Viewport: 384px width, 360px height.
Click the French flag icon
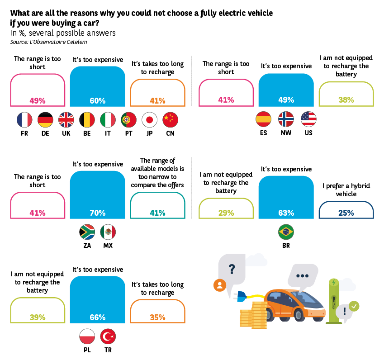click(x=24, y=119)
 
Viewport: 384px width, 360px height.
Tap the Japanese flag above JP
click(x=149, y=119)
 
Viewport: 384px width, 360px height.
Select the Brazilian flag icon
click(x=286, y=232)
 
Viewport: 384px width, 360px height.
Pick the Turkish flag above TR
click(x=108, y=336)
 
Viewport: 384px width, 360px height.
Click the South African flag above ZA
click(x=87, y=232)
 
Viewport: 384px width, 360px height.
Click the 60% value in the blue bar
click(x=98, y=100)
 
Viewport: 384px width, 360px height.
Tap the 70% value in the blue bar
click(x=98, y=213)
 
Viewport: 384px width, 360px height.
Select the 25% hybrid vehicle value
click(x=346, y=213)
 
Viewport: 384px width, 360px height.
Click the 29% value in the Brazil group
click(x=226, y=213)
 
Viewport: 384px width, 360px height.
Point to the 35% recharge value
click(x=157, y=317)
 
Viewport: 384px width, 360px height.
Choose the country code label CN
click(x=170, y=133)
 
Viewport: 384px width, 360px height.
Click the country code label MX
click(x=108, y=246)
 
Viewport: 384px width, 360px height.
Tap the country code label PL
click(x=87, y=350)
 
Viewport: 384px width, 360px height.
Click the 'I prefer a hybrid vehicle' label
click(x=346, y=189)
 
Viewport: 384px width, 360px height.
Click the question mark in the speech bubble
click(x=232, y=270)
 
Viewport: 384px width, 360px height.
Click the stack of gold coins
click(x=253, y=315)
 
